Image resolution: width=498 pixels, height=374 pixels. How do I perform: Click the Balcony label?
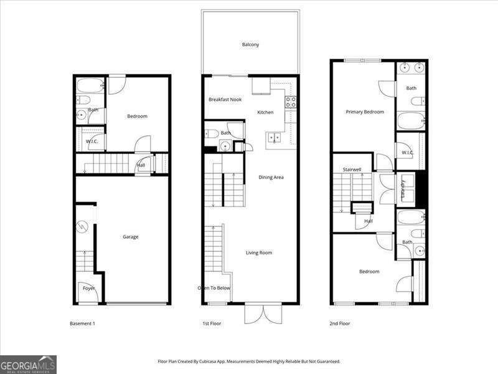[250, 44]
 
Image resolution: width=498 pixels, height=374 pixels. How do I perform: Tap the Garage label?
[130, 237]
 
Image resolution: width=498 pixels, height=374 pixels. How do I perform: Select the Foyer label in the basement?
[89, 289]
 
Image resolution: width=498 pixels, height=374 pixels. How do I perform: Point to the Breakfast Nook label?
[225, 100]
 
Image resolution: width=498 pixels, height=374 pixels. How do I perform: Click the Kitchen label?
[266, 112]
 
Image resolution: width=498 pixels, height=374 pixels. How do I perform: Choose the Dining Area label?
[271, 178]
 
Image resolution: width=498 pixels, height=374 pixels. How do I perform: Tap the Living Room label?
[259, 252]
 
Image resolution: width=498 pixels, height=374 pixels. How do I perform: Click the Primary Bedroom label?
[365, 112]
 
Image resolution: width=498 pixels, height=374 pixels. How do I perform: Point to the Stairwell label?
[352, 170]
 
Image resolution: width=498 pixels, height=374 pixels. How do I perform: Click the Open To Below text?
[214, 288]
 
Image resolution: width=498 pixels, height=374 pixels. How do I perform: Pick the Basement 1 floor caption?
[82, 324]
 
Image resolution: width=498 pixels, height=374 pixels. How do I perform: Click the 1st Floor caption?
[212, 324]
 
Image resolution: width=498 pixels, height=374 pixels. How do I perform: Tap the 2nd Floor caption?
[340, 324]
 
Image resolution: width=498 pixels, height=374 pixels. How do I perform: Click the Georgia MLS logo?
[28, 364]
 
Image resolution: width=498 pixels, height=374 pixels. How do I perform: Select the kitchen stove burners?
[290, 102]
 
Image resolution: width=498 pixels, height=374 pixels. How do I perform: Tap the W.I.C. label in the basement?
[92, 142]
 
